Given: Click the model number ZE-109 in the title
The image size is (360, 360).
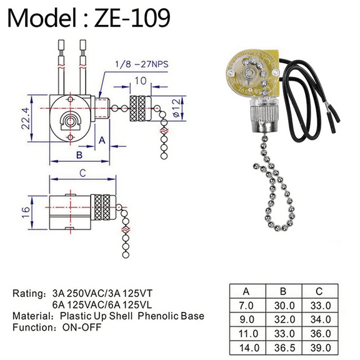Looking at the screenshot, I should pos(131,18).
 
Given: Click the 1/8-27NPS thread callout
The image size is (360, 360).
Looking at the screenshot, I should pos(142,64).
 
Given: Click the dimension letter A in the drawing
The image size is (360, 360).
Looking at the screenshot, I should pos(101,140).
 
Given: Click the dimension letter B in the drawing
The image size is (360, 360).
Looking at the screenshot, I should pos(78,154).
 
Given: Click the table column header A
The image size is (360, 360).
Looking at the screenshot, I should pos(247,292).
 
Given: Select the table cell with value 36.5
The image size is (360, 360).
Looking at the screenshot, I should pos(284,347).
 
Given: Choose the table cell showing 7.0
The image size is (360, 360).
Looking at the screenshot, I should pos(247,306).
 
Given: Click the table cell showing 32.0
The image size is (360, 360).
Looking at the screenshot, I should pos(284,319).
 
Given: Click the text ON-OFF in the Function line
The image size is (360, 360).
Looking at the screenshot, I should pos(76,327).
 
